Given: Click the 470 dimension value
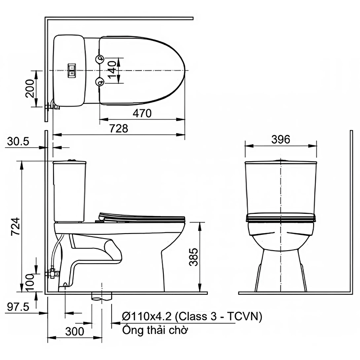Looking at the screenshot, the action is pos(142,113).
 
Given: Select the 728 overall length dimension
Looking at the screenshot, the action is pos(119,129).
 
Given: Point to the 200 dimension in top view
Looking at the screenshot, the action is pos(30,89).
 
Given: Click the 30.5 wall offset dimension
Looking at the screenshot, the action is pos(18,142).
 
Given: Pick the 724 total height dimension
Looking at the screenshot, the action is pos(16,226).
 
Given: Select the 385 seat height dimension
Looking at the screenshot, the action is pos(193,257).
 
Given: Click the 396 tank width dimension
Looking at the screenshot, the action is pos(281,139).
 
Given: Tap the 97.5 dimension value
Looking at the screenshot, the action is pos(18,307).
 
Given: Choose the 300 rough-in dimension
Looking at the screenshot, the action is pos(75,332).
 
